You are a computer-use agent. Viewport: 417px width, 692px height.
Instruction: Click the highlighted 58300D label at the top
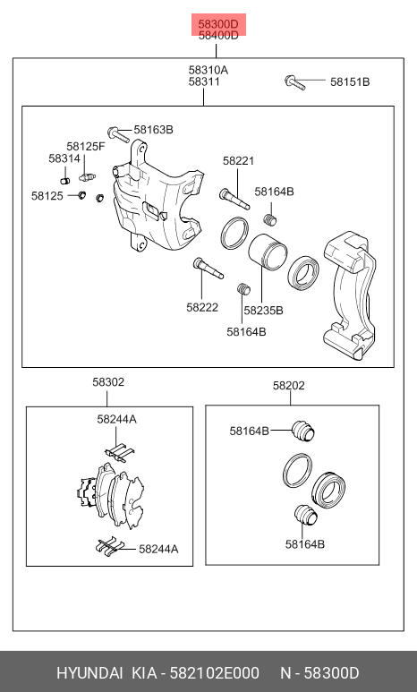218,22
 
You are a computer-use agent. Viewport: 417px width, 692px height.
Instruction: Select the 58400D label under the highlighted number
218,36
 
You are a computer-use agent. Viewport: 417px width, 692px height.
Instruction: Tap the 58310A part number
208,70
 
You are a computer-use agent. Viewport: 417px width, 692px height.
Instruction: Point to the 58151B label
349,82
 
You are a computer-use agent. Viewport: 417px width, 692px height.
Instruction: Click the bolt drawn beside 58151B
296,82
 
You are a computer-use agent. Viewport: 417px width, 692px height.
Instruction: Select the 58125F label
86,145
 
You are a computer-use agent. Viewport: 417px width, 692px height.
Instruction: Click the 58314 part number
64,158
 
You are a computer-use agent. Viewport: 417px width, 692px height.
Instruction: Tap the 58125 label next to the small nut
47,195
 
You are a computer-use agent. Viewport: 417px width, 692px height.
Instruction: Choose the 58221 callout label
239,161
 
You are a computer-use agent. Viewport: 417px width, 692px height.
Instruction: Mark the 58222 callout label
202,307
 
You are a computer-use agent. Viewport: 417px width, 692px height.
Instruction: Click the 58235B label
263,311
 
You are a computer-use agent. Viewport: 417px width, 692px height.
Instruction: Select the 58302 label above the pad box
108,382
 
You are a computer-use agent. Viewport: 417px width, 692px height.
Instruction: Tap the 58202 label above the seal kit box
289,386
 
